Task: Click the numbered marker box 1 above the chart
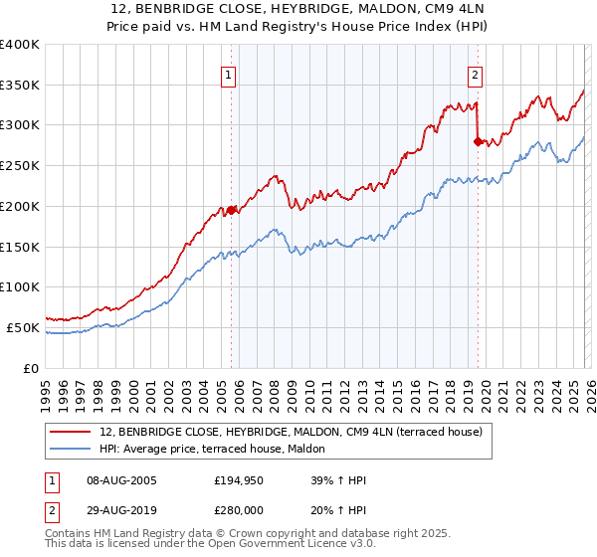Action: point(229,74)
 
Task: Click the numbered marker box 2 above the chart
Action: point(476,74)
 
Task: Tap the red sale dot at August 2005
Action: point(231,210)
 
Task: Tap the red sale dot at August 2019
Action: point(478,141)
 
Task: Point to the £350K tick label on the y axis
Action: point(20,85)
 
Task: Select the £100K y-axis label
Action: point(20,286)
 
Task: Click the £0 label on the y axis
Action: point(30,368)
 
